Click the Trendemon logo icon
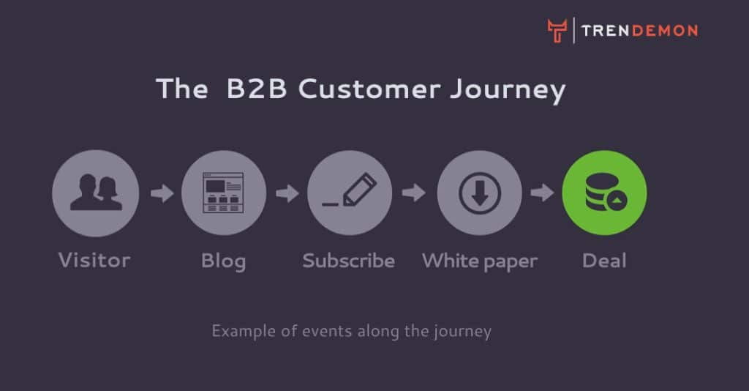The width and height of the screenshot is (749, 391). pyautogui.click(x=557, y=31)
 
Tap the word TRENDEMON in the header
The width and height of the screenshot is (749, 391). pyautogui.click(x=639, y=31)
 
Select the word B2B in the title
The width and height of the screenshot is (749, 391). pyautogui.click(x=257, y=89)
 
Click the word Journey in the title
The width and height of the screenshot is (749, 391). pyautogui.click(x=508, y=91)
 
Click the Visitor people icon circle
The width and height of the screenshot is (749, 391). pyautogui.click(x=96, y=193)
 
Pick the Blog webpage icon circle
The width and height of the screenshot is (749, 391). pyautogui.click(x=224, y=193)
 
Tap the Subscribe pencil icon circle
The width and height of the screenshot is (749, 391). pyautogui.click(x=350, y=193)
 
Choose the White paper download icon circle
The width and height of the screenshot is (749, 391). pyautogui.click(x=480, y=193)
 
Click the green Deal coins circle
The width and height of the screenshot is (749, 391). pyautogui.click(x=605, y=193)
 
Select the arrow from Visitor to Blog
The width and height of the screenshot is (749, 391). pyautogui.click(x=162, y=193)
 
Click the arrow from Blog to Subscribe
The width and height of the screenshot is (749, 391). pyautogui.click(x=287, y=193)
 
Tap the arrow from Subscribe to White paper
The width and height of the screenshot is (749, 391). pyautogui.click(x=414, y=193)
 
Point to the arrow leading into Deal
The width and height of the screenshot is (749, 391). pyautogui.click(x=542, y=193)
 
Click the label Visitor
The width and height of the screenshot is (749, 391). pyautogui.click(x=94, y=261)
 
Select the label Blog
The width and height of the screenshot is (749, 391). pyautogui.click(x=224, y=262)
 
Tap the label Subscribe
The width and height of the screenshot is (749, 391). pyautogui.click(x=349, y=261)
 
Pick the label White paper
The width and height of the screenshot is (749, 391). pyautogui.click(x=480, y=262)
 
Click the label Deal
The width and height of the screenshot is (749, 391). pyautogui.click(x=604, y=261)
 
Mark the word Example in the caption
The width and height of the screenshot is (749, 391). pyautogui.click(x=244, y=331)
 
